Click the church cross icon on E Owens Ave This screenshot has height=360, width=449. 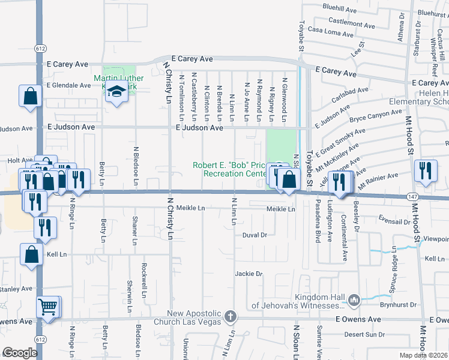coord(231,316)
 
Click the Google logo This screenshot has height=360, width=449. coord(20,353)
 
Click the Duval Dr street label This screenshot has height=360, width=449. coord(255,235)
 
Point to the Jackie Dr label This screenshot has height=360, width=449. coord(249,274)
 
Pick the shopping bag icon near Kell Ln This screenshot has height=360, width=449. coord(31,254)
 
